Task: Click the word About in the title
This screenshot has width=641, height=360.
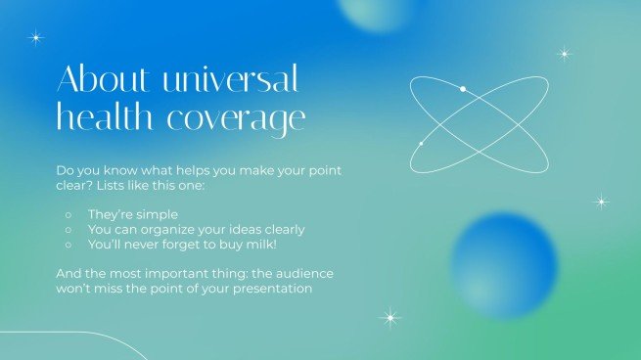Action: [x=100, y=77]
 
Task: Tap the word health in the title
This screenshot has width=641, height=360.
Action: [x=104, y=118]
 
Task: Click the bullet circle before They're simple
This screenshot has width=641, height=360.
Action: [x=68, y=214]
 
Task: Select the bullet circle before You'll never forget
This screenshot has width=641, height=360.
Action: [x=68, y=246]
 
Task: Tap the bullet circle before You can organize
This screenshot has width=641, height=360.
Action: [x=68, y=230]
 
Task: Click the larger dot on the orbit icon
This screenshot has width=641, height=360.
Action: [x=463, y=89]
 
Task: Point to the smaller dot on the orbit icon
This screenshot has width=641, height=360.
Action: [x=421, y=144]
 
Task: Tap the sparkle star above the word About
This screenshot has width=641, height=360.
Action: [x=36, y=38]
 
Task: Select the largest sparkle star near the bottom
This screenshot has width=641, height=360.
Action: [x=390, y=317]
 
